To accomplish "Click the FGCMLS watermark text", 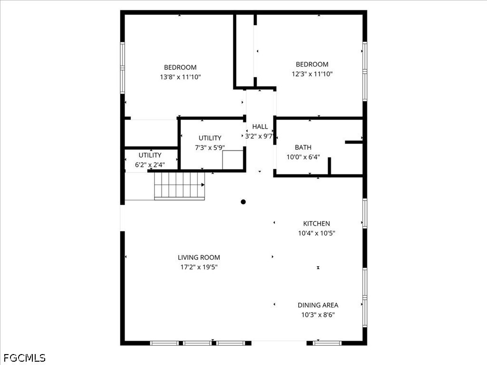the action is click(24, 358).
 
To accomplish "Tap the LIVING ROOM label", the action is click(199, 257).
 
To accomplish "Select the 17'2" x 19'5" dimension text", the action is click(199, 267).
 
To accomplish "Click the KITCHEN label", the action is click(316, 223).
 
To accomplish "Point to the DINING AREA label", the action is click(318, 305).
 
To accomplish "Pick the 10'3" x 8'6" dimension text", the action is click(318, 315).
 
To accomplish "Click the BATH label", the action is click(303, 147).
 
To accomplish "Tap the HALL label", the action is click(260, 126).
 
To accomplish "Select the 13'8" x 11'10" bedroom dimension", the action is click(180, 77).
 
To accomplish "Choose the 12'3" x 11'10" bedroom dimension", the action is click(312, 74).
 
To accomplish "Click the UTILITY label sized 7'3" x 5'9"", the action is click(210, 138).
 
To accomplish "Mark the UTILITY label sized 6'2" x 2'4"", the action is click(150, 155).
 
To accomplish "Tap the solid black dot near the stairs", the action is click(243, 202).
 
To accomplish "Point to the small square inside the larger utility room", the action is click(233, 160).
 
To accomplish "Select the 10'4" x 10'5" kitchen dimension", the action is click(316, 233).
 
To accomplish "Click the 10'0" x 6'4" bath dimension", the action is click(303, 157).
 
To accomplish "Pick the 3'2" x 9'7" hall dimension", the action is click(259, 136).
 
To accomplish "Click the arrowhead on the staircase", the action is click(203, 185).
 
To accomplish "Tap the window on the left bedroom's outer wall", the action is click(122, 68).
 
